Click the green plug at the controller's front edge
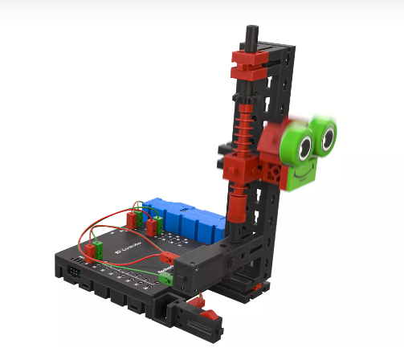pyautogui.click(x=167, y=279)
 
